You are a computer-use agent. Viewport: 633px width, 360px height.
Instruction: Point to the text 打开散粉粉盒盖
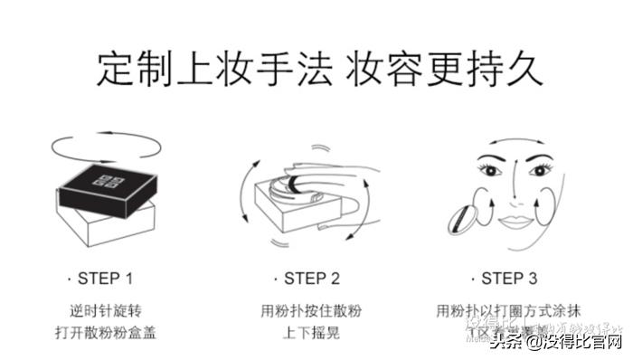pyautogui.click(x=106, y=332)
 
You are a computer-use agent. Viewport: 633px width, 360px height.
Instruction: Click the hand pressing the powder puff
pyautogui.click(x=335, y=181)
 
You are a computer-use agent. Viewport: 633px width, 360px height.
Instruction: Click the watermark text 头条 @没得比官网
pyautogui.click(x=556, y=342)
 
